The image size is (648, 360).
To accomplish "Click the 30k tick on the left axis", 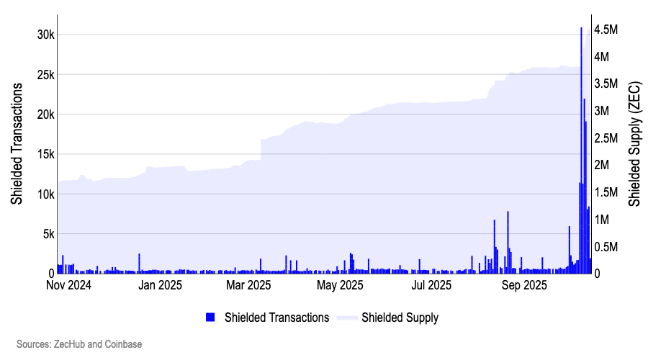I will click(42, 35).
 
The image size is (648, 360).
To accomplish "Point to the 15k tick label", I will click(42, 154).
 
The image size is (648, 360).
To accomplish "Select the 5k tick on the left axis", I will click(45, 234).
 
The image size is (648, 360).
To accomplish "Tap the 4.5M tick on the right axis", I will click(606, 30).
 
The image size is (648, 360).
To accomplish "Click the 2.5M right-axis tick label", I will click(606, 138).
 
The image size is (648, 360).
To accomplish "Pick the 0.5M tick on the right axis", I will click(606, 247).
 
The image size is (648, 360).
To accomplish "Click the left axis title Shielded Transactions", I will click(17, 144).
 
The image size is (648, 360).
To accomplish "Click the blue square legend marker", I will click(210, 318).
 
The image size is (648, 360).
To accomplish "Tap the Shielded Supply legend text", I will click(400, 318).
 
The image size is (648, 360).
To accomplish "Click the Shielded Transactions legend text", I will click(276, 318).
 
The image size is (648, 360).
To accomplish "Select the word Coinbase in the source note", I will click(124, 344).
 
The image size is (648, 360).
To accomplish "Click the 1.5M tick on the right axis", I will click(606, 192).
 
